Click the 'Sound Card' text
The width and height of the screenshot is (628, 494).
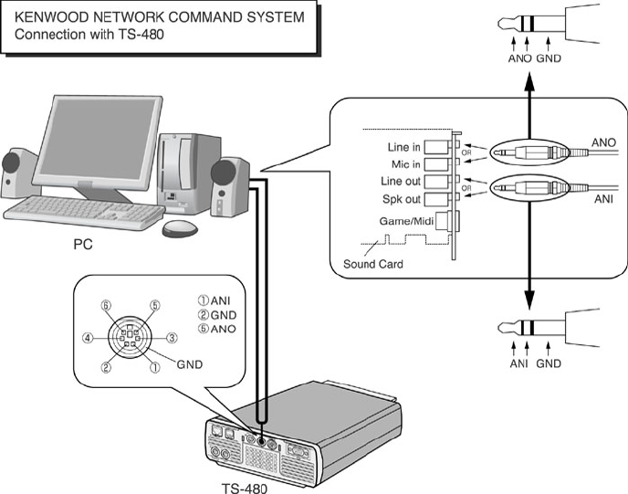click(x=373, y=265)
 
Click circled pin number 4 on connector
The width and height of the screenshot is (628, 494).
click(x=88, y=337)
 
